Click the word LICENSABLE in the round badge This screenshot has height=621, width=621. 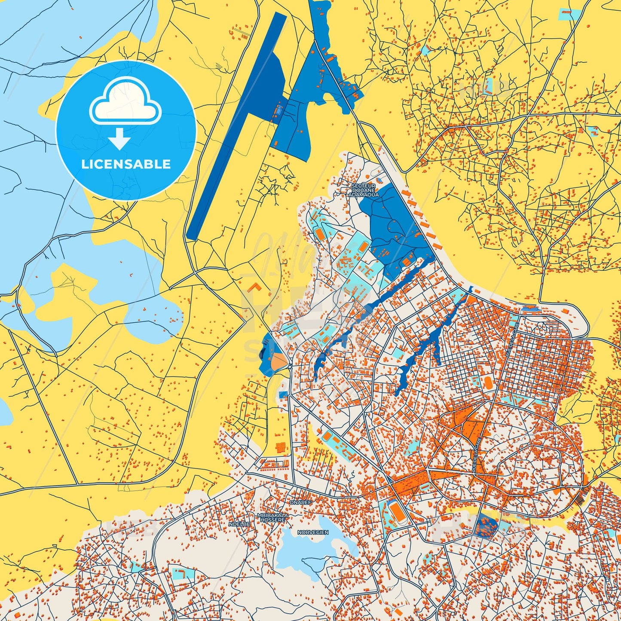coord(125,164)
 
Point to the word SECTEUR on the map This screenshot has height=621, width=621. coord(363,186)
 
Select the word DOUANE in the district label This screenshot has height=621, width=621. coord(364,190)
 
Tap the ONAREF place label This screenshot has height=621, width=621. coord(300,502)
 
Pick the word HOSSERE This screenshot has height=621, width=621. coord(272,520)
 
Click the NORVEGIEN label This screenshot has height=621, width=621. coord(313,532)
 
